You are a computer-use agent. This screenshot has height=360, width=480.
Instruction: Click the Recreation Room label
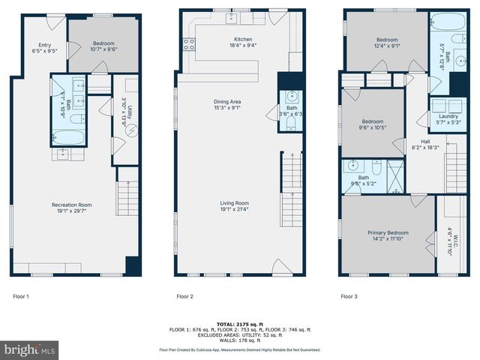point(71,208)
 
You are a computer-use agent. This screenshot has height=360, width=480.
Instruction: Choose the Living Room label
point(235,206)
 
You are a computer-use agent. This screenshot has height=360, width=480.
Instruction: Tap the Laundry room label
point(448,118)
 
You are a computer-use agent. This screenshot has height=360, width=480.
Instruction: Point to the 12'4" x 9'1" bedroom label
point(387,43)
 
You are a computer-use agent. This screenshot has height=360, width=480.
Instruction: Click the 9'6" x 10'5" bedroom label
point(373,124)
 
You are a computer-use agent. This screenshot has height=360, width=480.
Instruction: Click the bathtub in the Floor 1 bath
point(70,137)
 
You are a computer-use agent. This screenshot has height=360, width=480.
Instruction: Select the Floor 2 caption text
point(185,297)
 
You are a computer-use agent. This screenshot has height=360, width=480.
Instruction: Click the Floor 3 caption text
point(349,297)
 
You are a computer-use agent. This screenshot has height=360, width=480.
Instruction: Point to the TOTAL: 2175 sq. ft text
point(240,324)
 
